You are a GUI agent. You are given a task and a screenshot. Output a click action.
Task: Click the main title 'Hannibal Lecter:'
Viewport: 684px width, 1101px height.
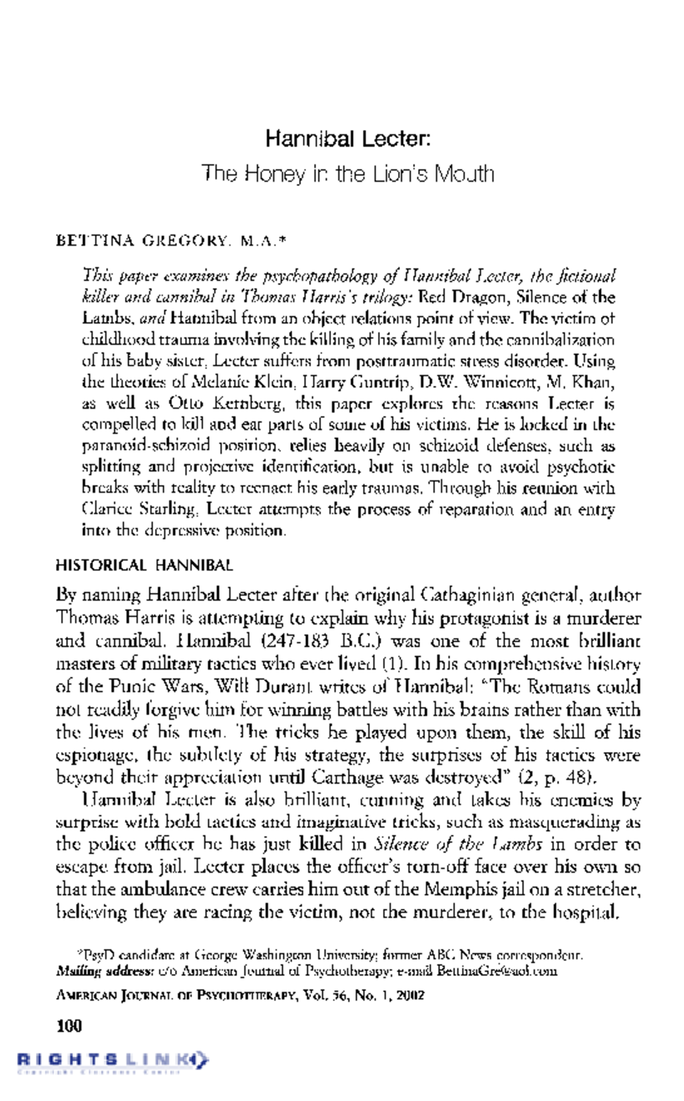point(347,139)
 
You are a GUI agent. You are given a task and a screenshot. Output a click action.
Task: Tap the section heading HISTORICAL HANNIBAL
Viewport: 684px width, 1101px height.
point(144,566)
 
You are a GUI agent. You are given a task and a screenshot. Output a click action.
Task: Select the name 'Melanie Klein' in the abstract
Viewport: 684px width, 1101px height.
point(234,382)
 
